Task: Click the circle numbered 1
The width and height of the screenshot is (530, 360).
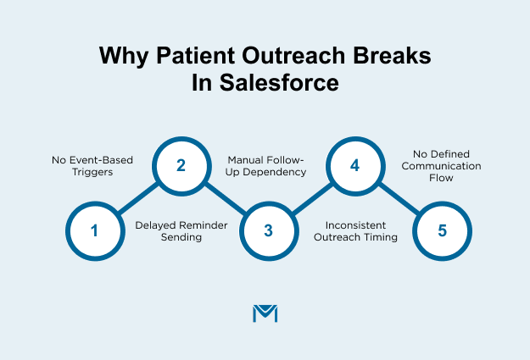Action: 93,230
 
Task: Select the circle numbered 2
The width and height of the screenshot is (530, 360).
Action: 181,166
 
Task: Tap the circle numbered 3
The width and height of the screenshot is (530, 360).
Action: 268,230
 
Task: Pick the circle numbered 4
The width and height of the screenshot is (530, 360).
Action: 355,166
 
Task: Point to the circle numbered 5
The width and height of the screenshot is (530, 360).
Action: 442,230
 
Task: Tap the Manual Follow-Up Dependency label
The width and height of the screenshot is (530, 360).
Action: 268,164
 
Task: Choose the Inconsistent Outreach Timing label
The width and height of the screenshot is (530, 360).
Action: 355,232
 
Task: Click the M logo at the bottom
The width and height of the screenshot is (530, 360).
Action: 265,313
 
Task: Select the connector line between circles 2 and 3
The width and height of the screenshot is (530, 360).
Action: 225,198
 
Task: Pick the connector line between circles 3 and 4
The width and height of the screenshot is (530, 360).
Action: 311,198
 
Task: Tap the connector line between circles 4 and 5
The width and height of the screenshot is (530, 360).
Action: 399,198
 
